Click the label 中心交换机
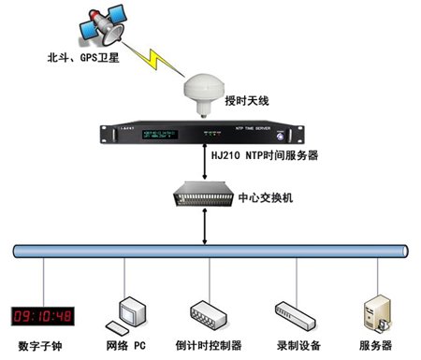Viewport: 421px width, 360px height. point(266,197)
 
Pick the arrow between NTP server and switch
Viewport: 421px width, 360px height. point(205,168)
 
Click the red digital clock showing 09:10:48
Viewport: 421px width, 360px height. point(41,314)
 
